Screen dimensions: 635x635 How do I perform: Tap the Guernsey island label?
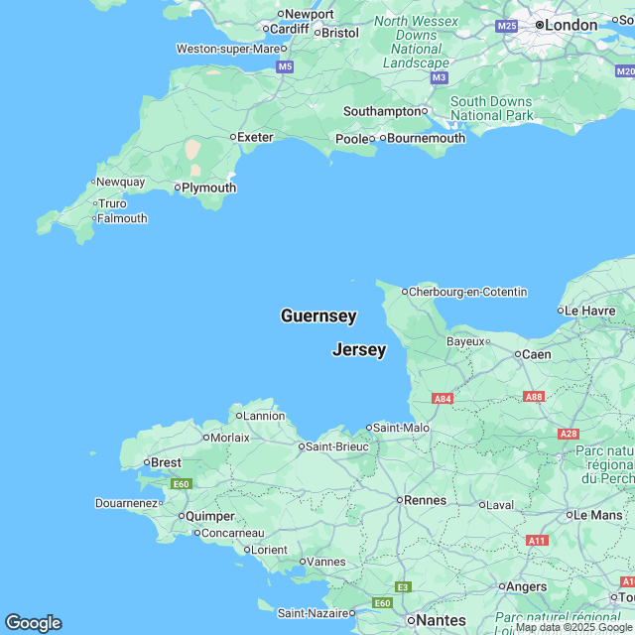[x=318, y=317]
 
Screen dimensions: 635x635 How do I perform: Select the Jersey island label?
[x=359, y=350]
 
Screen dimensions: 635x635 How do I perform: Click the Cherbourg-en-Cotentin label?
[x=469, y=292]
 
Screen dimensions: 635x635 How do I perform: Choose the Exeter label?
[x=256, y=137]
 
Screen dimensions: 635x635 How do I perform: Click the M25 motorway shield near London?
[x=507, y=26]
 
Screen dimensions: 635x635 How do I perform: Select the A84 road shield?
[x=444, y=399]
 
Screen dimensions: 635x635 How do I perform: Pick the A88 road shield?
[x=534, y=397]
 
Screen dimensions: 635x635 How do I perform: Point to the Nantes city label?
[x=441, y=620]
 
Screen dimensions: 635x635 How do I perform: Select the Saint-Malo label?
[x=400, y=428]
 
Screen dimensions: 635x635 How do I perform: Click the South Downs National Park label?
[x=491, y=108]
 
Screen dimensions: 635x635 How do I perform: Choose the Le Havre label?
[x=591, y=311]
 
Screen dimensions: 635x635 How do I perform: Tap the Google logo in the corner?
[x=33, y=623]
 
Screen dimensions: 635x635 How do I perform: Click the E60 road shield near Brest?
[x=181, y=484]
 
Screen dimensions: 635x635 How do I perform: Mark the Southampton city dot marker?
[x=425, y=111]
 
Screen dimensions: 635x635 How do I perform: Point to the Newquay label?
[x=121, y=182]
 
